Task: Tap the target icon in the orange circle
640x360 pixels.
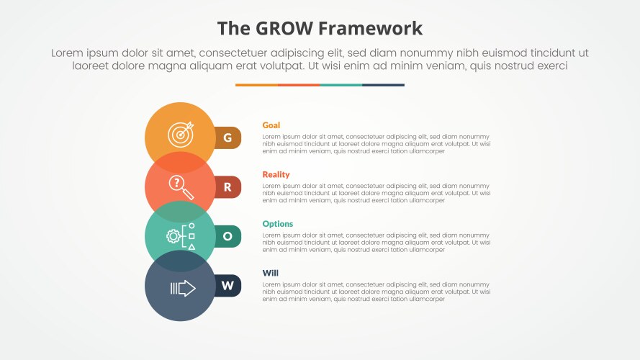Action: click(181, 135)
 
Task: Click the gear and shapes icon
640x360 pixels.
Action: click(181, 236)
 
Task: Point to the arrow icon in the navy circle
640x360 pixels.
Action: click(182, 288)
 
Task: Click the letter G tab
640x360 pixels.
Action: click(228, 138)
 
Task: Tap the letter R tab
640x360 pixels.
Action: click(228, 187)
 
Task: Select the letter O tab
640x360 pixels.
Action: click(228, 236)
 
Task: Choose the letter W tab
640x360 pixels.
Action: click(228, 286)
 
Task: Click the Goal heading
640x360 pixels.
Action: click(271, 125)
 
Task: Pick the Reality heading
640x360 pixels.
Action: click(276, 174)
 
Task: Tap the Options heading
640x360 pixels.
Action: click(277, 224)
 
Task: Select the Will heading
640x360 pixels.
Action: click(270, 273)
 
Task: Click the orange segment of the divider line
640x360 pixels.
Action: click(256, 85)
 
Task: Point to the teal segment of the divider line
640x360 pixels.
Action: click(341, 85)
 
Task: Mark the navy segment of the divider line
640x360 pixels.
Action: click(383, 85)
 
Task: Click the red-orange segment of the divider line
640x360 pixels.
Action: click(299, 85)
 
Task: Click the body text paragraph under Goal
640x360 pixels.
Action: click(376, 144)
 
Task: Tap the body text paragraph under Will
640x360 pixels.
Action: click(376, 292)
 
